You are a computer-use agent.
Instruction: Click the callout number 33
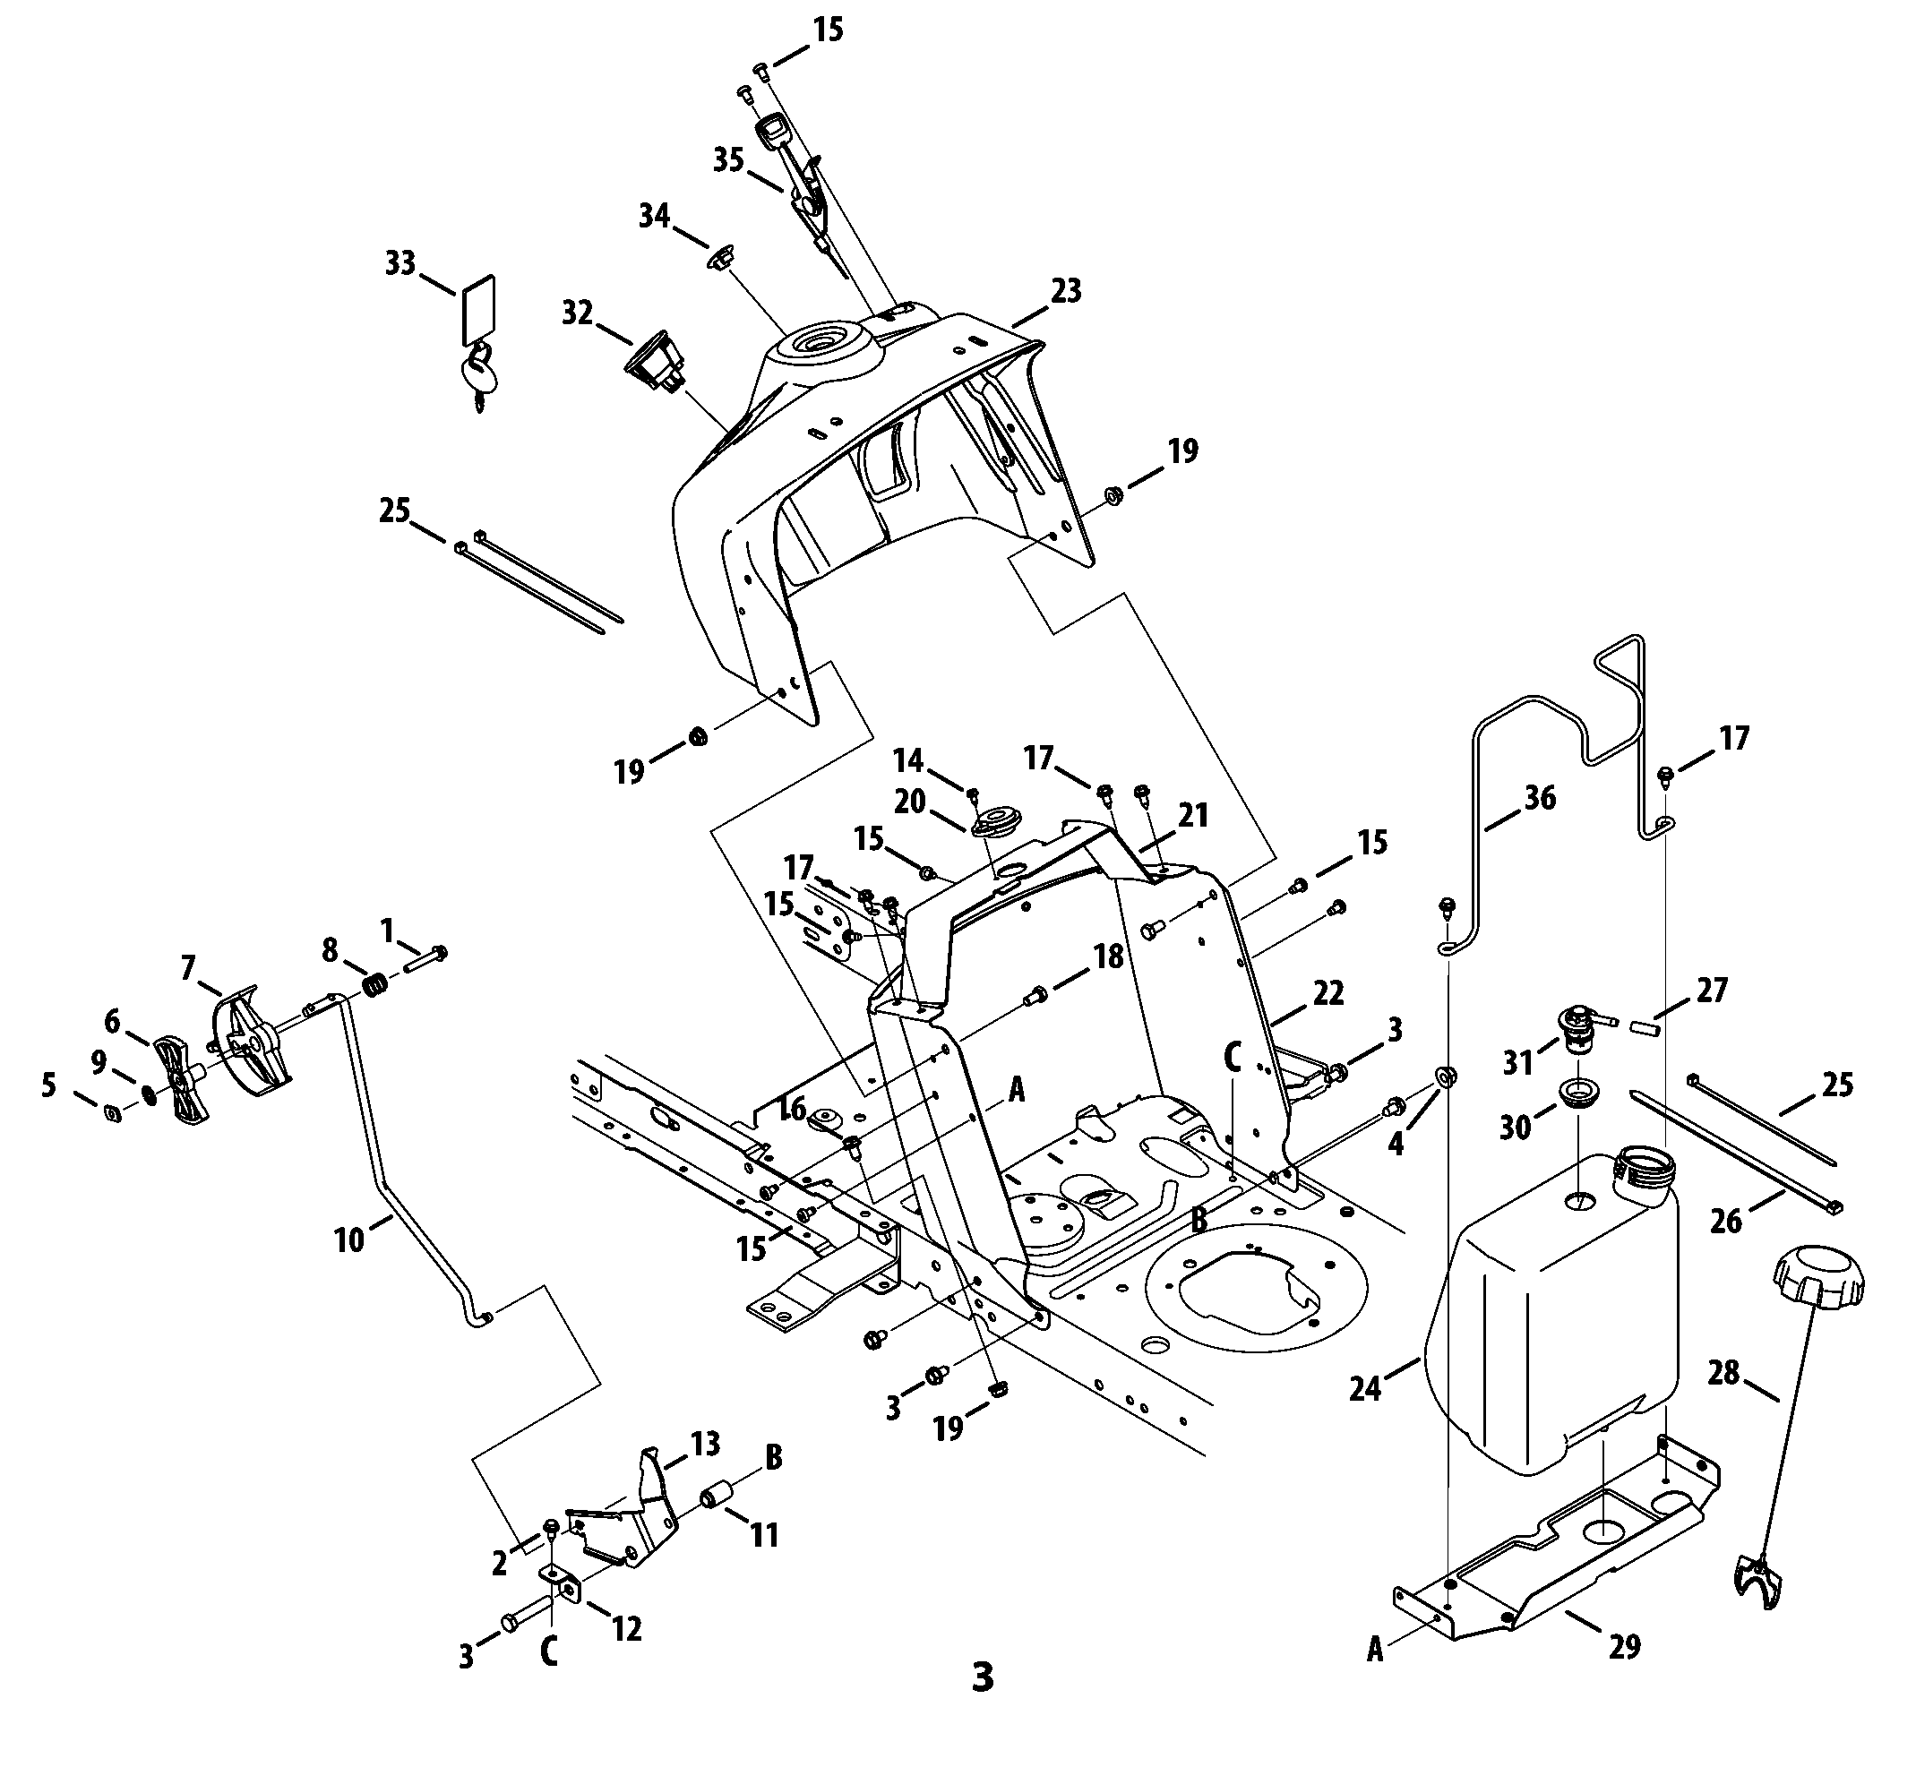point(400,262)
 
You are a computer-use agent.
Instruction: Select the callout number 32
point(577,313)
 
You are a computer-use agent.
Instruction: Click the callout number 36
point(1539,797)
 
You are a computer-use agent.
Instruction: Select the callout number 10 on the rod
point(349,1240)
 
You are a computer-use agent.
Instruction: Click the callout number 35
point(728,159)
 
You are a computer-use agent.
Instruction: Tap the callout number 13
point(706,1444)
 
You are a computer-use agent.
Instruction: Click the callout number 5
point(48,1085)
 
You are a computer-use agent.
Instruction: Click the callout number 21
point(1193,816)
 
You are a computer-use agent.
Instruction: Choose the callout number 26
point(1726,1221)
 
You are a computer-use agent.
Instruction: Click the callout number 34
point(654,216)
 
